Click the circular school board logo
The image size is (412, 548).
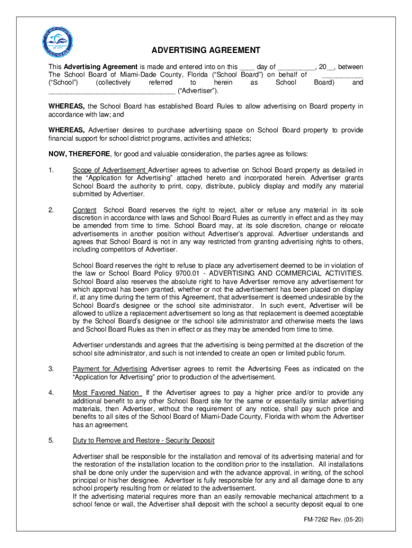click(x=57, y=42)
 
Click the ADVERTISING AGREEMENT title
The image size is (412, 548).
click(x=206, y=50)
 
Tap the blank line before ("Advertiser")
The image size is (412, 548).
click(x=111, y=92)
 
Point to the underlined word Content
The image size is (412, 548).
click(x=85, y=210)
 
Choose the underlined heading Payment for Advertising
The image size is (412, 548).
click(x=110, y=369)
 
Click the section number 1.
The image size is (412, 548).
click(x=51, y=170)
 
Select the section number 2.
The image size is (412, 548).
click(x=51, y=210)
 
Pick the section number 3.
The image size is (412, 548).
click(x=51, y=369)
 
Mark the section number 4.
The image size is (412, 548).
click(x=51, y=393)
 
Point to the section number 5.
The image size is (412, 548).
click(x=51, y=440)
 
